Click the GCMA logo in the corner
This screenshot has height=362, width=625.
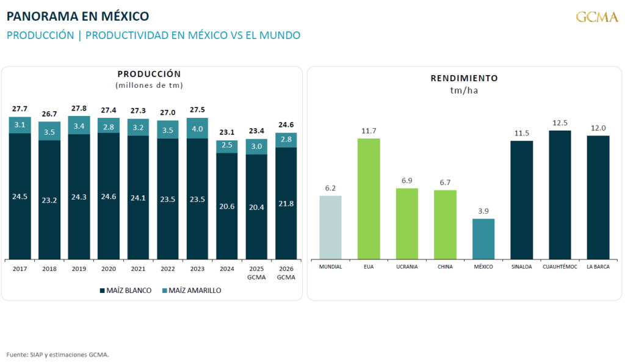pyautogui.click(x=597, y=16)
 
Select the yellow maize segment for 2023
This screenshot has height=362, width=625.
pyautogui.click(x=198, y=128)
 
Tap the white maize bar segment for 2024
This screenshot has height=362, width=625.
pyautogui.click(x=227, y=206)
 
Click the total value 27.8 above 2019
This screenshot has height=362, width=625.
pyautogui.click(x=79, y=109)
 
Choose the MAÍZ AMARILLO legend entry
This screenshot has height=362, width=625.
pyautogui.click(x=192, y=291)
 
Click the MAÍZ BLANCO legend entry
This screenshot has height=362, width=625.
pyautogui.click(x=125, y=291)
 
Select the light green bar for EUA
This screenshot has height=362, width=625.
pyautogui.click(x=369, y=198)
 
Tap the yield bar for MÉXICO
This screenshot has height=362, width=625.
pyautogui.click(x=483, y=239)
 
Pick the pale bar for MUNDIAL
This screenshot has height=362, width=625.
pyautogui.click(x=330, y=227)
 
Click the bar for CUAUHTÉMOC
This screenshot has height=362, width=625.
pyautogui.click(x=560, y=195)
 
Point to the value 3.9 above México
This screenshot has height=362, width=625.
pyautogui.click(x=483, y=211)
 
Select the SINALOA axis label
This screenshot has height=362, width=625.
pyautogui.click(x=521, y=267)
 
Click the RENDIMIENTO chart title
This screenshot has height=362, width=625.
pyautogui.click(x=464, y=78)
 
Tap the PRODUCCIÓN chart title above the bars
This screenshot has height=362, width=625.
pyautogui.click(x=149, y=74)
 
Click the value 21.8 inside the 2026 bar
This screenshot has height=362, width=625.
pyautogui.click(x=286, y=203)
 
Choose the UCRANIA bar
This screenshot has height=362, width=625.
pyautogui.click(x=406, y=223)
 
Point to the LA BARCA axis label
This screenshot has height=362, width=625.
pyautogui.click(x=598, y=267)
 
